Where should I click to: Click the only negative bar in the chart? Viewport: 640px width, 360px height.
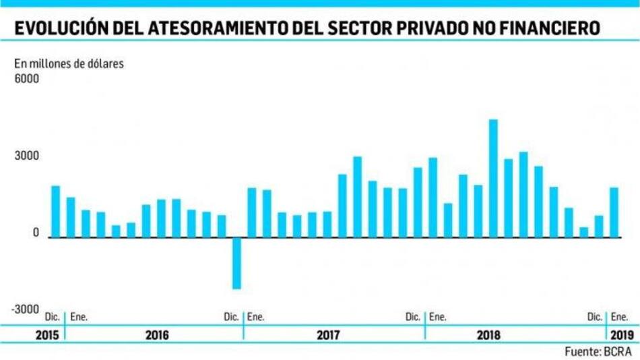[x=236, y=263]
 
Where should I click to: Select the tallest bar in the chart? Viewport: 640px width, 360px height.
[x=493, y=178]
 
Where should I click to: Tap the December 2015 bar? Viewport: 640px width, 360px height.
[x=55, y=211]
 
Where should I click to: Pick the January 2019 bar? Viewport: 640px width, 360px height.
[x=614, y=212]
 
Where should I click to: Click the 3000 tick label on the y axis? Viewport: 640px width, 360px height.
[x=27, y=156]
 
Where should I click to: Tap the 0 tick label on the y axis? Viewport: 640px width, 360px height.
[x=36, y=233]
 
